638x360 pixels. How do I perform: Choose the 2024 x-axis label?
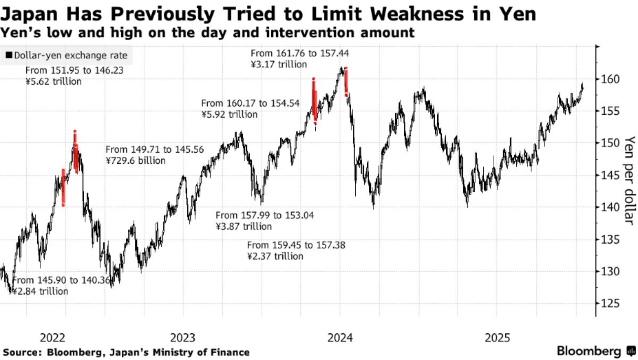tap(340, 338)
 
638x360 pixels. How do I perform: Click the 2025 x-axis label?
tap(497, 338)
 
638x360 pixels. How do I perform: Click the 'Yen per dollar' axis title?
tap(628, 179)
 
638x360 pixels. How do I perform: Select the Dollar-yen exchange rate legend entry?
tap(67, 55)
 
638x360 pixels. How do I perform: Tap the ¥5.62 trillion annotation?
tap(53, 81)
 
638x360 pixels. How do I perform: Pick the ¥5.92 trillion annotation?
tap(230, 114)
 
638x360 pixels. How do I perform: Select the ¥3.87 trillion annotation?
tap(244, 226)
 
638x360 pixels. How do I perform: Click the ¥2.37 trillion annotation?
tap(275, 256)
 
